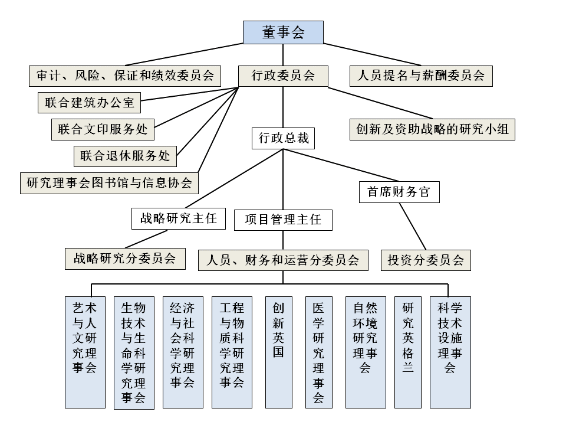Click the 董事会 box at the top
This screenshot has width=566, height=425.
click(x=283, y=32)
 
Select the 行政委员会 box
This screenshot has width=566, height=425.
click(x=283, y=76)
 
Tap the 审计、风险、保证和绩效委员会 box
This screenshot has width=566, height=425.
click(x=125, y=76)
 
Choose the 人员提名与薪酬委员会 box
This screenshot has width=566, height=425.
click(x=421, y=76)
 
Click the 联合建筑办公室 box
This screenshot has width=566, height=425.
click(x=89, y=103)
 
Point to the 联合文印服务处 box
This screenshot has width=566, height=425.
click(x=103, y=129)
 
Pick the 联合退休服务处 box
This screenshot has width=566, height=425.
click(x=125, y=156)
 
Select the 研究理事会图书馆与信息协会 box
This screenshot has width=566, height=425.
click(x=110, y=182)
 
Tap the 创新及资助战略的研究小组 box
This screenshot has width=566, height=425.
click(x=433, y=129)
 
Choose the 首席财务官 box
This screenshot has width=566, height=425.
click(x=399, y=192)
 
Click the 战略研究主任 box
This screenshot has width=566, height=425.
click(x=178, y=218)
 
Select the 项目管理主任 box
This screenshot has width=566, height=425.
click(x=283, y=220)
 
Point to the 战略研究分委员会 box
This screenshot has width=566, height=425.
click(x=124, y=258)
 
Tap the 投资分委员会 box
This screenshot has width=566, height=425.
click(x=426, y=260)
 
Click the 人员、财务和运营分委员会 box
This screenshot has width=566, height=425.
click(x=283, y=260)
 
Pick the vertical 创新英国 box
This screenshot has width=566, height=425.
click(x=278, y=352)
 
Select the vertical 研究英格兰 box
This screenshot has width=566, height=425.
click(x=408, y=352)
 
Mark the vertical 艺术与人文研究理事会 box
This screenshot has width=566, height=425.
click(x=85, y=352)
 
